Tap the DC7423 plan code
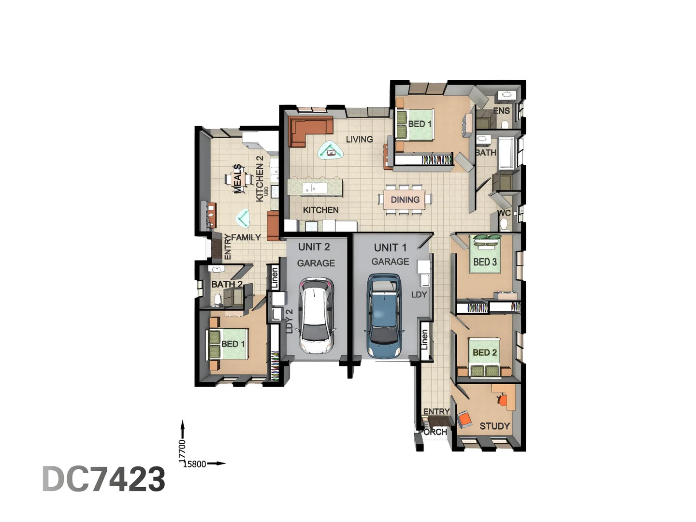point(104,479)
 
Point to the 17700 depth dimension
point(182,449)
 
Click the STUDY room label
point(494,426)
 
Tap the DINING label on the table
point(405,200)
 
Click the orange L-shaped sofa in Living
point(309,130)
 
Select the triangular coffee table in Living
point(331,151)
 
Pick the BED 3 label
point(485,262)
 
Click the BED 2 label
point(484,353)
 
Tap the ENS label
point(502,111)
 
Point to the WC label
point(505,213)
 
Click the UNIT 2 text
point(314,247)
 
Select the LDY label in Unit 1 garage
point(419,294)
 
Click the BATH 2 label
point(227,284)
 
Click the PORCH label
point(434,432)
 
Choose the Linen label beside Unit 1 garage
point(424,340)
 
